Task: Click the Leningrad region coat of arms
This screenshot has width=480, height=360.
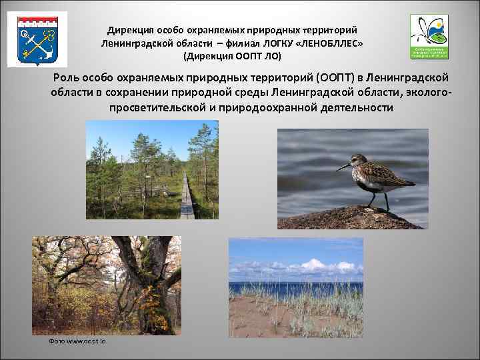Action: click(x=28, y=39)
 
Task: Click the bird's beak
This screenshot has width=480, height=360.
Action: click(x=343, y=167)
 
